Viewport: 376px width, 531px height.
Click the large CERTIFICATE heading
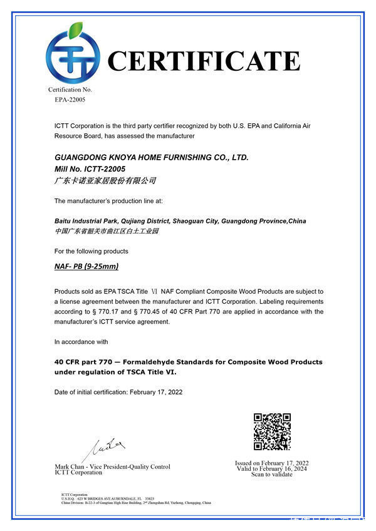[x=204, y=61]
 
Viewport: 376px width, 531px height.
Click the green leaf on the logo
[x=76, y=29]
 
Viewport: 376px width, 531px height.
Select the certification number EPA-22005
[x=70, y=99]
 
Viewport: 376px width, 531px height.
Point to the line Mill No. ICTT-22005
[x=90, y=169]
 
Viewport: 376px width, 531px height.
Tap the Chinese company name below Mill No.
[x=105, y=181]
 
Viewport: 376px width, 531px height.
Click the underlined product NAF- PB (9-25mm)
[x=86, y=267]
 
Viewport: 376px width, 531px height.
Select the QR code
[x=272, y=431]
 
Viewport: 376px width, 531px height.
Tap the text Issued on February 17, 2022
[x=272, y=463]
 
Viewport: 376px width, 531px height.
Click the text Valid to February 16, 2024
[x=272, y=469]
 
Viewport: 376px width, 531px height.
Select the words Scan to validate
[x=272, y=475]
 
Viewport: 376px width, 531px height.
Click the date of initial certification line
[x=118, y=392]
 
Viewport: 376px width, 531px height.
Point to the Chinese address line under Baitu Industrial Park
[x=107, y=231]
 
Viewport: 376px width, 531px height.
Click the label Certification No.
[x=70, y=90]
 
